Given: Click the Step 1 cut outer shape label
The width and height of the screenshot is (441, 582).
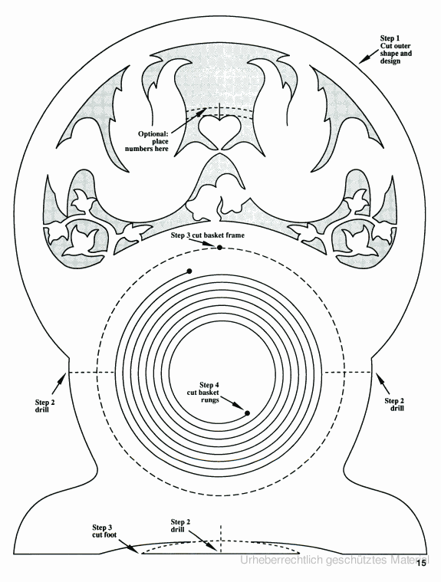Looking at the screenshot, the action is [396, 49].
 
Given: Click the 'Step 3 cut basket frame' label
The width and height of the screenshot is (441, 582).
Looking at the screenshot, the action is [208, 235].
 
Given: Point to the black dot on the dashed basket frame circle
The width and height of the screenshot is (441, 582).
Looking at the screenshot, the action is [220, 247].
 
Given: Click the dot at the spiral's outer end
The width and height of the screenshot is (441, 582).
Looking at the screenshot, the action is [189, 271].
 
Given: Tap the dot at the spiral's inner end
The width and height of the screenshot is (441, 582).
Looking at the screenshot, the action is [247, 413].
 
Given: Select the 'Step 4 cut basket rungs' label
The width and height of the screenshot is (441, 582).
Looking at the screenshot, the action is [203, 393].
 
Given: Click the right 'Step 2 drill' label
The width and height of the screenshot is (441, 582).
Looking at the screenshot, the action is [394, 405].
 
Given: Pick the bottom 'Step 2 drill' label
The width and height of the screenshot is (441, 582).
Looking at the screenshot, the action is [180, 525].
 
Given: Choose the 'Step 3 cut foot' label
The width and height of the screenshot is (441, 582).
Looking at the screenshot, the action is [104, 531].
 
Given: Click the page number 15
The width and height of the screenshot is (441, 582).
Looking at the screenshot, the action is [421, 563].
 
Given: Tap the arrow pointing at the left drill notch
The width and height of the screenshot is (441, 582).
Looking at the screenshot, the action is [59, 384].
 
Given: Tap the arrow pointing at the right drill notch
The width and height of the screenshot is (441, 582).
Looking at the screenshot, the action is [383, 383].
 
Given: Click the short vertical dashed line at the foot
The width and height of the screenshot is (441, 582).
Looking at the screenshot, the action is [221, 539].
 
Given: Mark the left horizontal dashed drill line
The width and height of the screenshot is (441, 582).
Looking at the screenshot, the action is [91, 372].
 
